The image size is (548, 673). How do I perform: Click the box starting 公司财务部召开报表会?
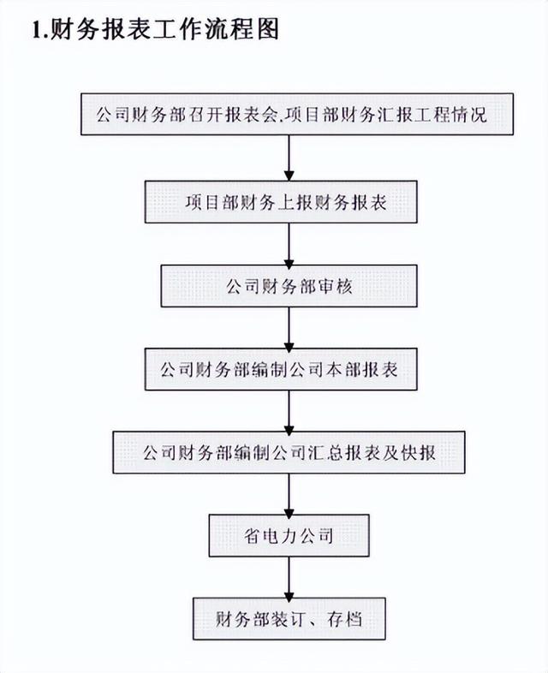[x=290, y=114]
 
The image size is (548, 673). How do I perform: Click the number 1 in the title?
[x=37, y=32]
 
